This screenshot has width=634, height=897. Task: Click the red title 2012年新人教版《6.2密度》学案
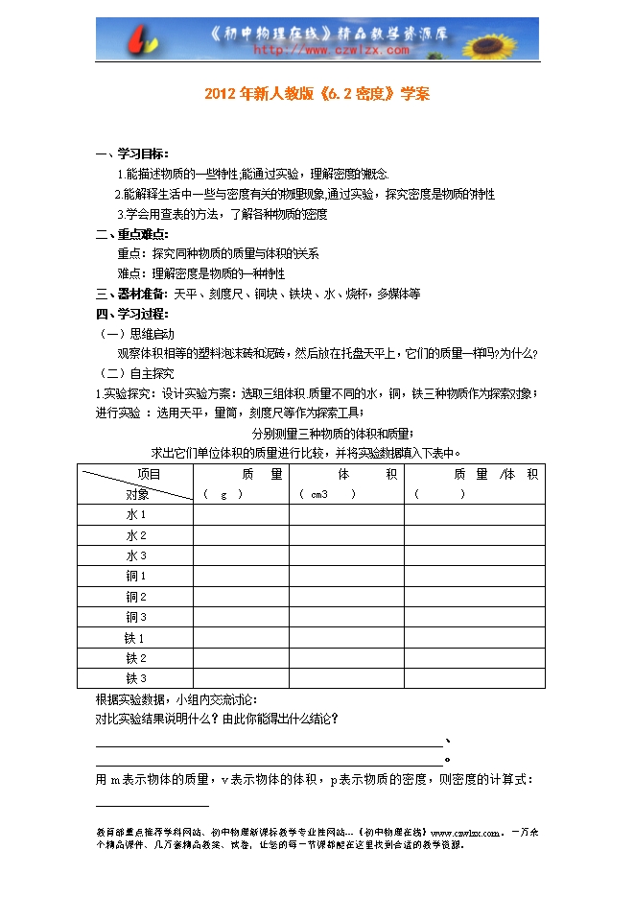click(x=317, y=95)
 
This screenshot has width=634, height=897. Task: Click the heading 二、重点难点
click(x=132, y=234)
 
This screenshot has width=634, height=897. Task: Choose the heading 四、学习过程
click(x=132, y=314)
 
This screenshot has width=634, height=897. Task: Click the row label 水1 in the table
click(x=136, y=514)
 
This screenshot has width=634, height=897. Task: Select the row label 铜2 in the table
click(x=136, y=597)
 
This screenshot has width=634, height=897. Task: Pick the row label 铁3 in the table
click(x=136, y=679)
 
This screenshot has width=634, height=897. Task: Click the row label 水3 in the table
click(x=136, y=555)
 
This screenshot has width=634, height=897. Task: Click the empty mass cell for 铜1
click(x=241, y=577)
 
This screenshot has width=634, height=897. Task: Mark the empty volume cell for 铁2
click(x=346, y=658)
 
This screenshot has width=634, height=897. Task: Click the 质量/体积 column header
click(x=476, y=474)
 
